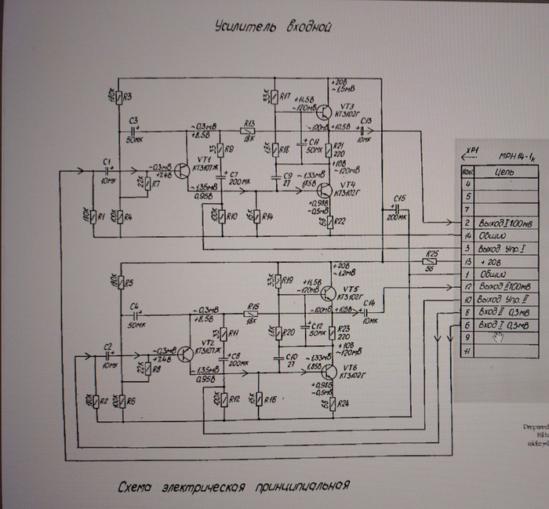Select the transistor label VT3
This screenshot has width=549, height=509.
pos(348,106)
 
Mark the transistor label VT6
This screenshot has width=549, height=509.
pos(348,369)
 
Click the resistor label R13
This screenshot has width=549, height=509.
pos(249,123)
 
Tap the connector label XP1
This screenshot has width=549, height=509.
pos(472,148)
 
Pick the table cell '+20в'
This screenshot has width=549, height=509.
pos(499,261)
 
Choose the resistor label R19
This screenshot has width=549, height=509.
pos(289,280)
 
